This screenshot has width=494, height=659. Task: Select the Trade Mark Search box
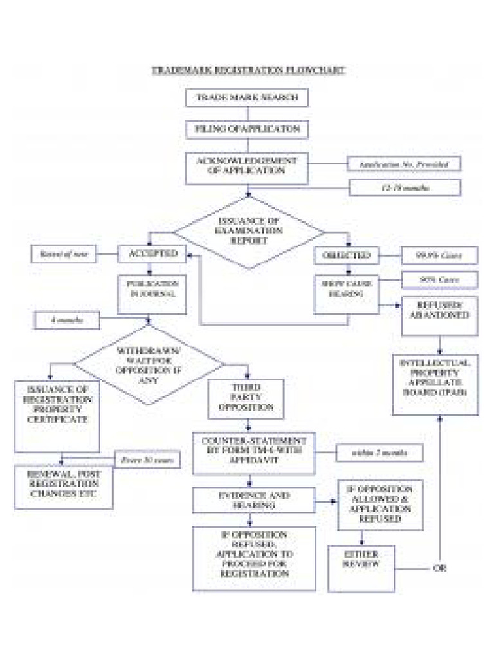[x=247, y=98]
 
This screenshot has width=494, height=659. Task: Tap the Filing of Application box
[x=247, y=129]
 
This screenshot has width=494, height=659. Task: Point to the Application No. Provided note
[x=404, y=165]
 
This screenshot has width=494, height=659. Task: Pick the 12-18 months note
[x=405, y=188]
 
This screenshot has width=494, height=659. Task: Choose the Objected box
[x=346, y=255]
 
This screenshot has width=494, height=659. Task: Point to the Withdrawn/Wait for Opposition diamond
[x=149, y=364]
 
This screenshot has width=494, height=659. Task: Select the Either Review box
[x=361, y=568]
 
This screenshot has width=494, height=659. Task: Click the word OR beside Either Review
[x=439, y=569]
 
